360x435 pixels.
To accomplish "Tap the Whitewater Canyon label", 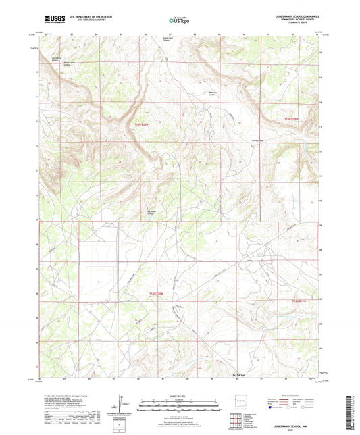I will click(212, 94).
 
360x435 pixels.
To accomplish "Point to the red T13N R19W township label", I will click(292, 119).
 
